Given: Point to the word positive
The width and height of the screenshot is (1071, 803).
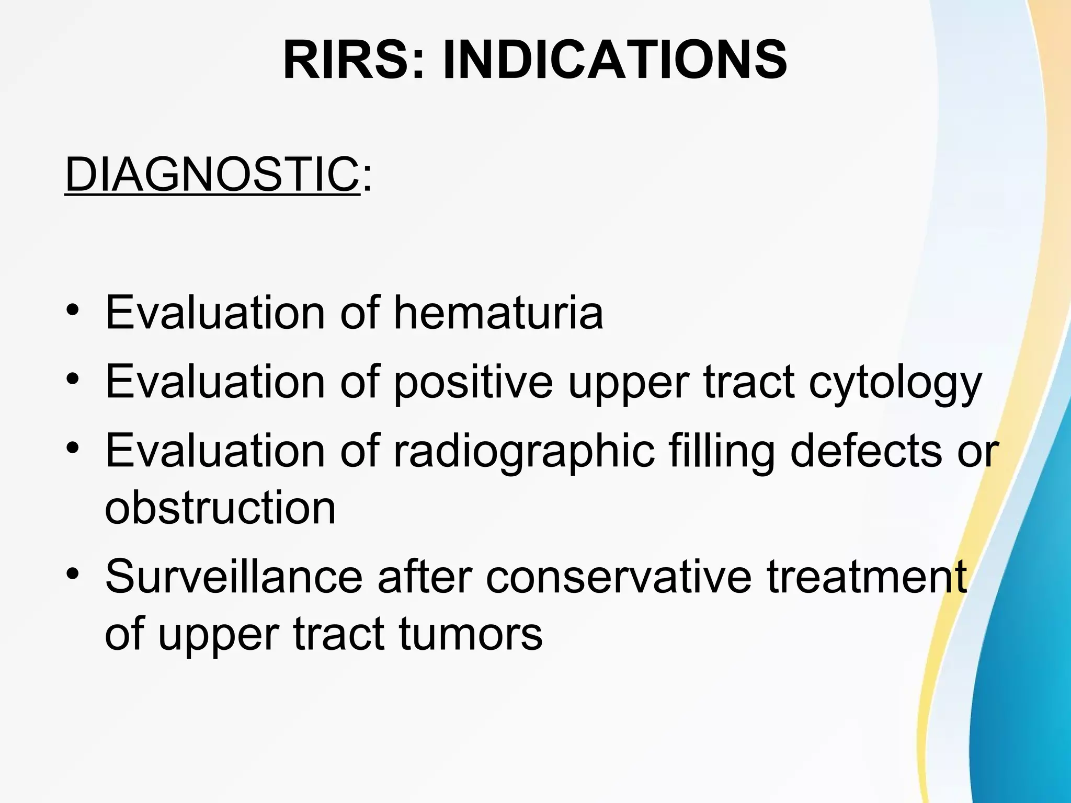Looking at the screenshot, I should (473, 382).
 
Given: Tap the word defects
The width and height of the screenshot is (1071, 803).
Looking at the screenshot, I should (865, 451).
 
